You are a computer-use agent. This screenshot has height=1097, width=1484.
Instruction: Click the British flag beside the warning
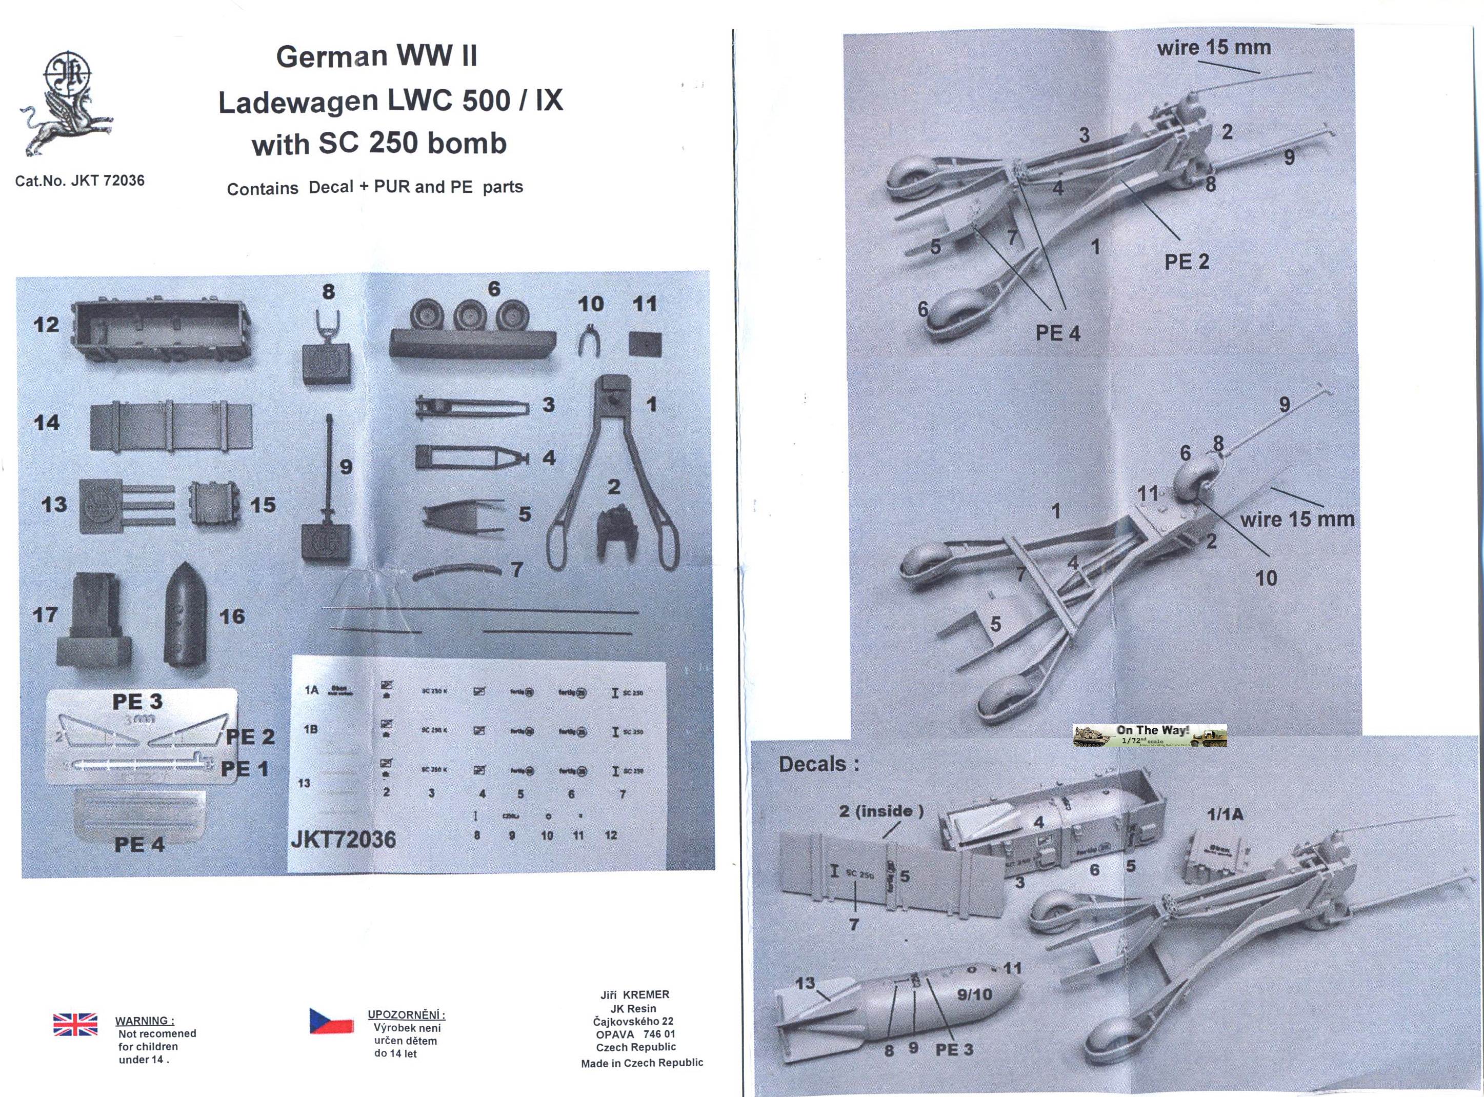pyautogui.click(x=75, y=1025)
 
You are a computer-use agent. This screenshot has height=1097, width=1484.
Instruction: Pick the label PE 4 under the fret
pyautogui.click(x=139, y=845)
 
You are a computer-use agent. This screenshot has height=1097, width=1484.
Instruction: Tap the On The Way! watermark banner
pyautogui.click(x=1149, y=735)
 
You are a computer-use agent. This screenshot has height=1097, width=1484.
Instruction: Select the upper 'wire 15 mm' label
pyautogui.click(x=1214, y=48)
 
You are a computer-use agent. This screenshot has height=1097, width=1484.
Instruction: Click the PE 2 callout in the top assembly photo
pyautogui.click(x=1186, y=262)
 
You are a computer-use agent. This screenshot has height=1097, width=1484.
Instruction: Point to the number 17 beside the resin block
pyautogui.click(x=45, y=615)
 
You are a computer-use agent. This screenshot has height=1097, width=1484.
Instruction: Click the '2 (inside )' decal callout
pyautogui.click(x=880, y=811)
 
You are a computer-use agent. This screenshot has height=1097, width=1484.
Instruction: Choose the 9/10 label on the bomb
pyautogui.click(x=974, y=994)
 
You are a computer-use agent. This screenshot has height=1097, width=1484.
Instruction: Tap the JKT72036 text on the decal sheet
pyautogui.click(x=343, y=840)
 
